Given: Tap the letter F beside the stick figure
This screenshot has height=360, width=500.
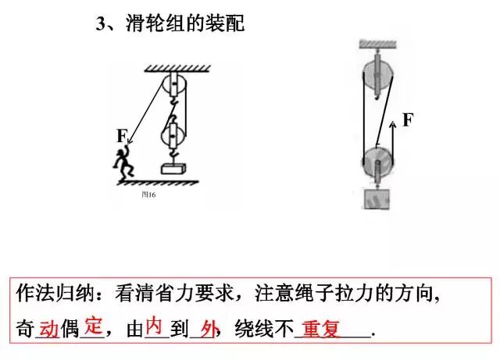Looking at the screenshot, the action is tap(122, 136).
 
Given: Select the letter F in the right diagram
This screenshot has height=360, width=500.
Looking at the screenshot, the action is tap(407, 119).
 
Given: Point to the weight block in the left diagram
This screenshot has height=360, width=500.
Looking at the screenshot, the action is tap(173, 168).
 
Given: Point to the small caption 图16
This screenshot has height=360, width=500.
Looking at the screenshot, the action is tap(149, 195).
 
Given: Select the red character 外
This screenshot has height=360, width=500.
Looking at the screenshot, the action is tap(207, 329).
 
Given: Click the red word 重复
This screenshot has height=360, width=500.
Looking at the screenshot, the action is tap(321, 329).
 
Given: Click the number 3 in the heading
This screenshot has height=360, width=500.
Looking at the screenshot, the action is tap(100, 23).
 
